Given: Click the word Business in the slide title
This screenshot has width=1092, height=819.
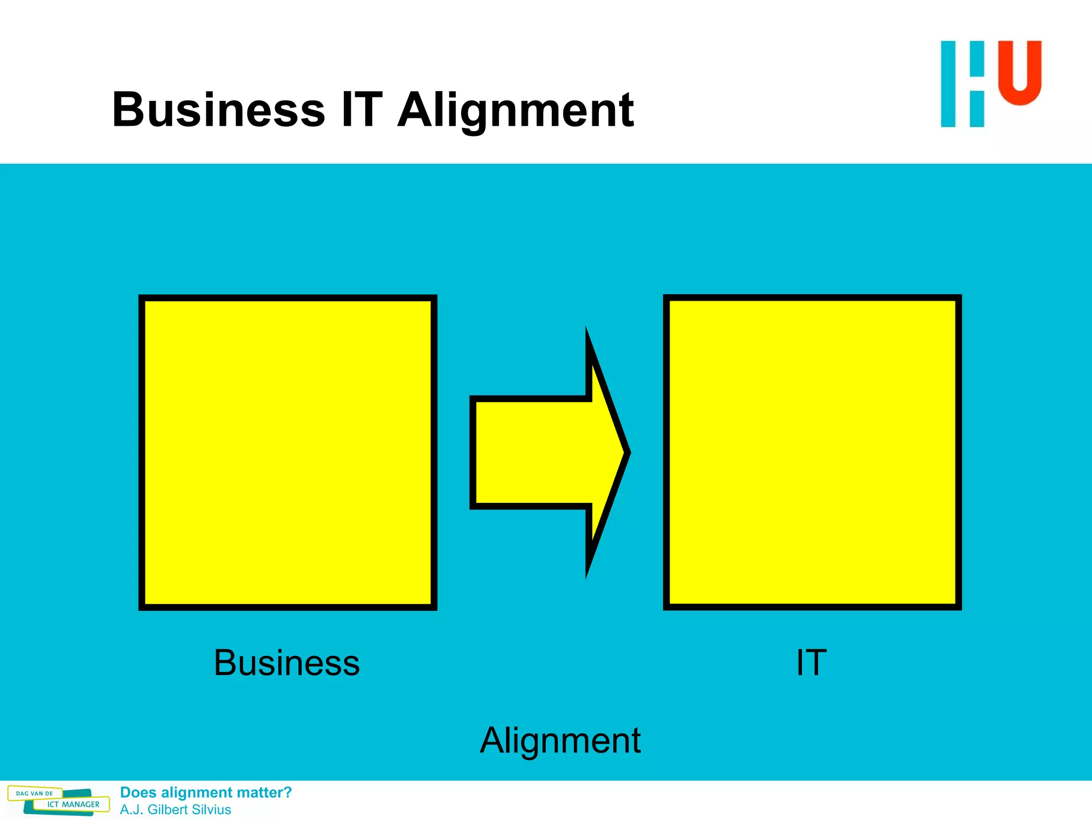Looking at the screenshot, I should (219, 110).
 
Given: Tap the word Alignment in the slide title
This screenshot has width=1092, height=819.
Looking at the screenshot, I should (516, 110).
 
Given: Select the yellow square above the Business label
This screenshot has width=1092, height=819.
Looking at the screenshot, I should (288, 452).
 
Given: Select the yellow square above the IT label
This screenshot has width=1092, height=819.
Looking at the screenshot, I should (812, 452).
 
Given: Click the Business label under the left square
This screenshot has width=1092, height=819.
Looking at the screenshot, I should (287, 663).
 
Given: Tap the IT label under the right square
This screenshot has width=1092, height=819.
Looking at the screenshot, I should (811, 663).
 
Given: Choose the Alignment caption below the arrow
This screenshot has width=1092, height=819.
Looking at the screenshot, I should (560, 741).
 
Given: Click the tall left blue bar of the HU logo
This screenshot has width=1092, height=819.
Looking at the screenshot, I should (948, 84).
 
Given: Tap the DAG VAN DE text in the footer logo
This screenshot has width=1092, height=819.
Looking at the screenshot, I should (35, 793).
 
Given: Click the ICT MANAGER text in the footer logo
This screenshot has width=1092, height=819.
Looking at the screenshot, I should (74, 805).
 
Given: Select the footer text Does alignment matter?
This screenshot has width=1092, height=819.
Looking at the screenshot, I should (206, 792).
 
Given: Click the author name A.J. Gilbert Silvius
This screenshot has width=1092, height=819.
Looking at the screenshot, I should (175, 809).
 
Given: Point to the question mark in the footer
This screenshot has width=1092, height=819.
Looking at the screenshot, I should (288, 792).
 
